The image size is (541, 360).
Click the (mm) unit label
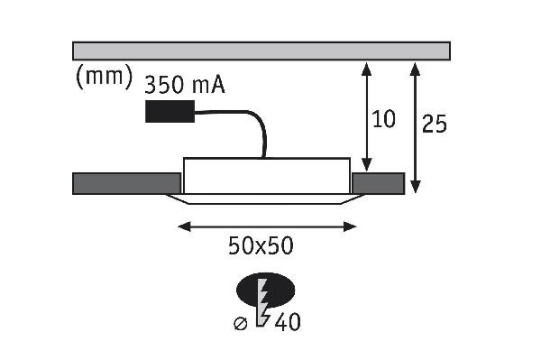tap(104, 77)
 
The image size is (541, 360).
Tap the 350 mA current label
tap(185, 85)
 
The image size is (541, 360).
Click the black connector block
tap(170, 111)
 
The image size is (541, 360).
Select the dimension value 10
tap(384, 119)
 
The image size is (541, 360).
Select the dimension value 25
tap(435, 124)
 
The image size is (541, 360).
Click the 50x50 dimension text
tap(261, 245)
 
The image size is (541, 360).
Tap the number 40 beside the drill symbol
tap(288, 322)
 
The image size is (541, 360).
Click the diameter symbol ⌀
tap(241, 324)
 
